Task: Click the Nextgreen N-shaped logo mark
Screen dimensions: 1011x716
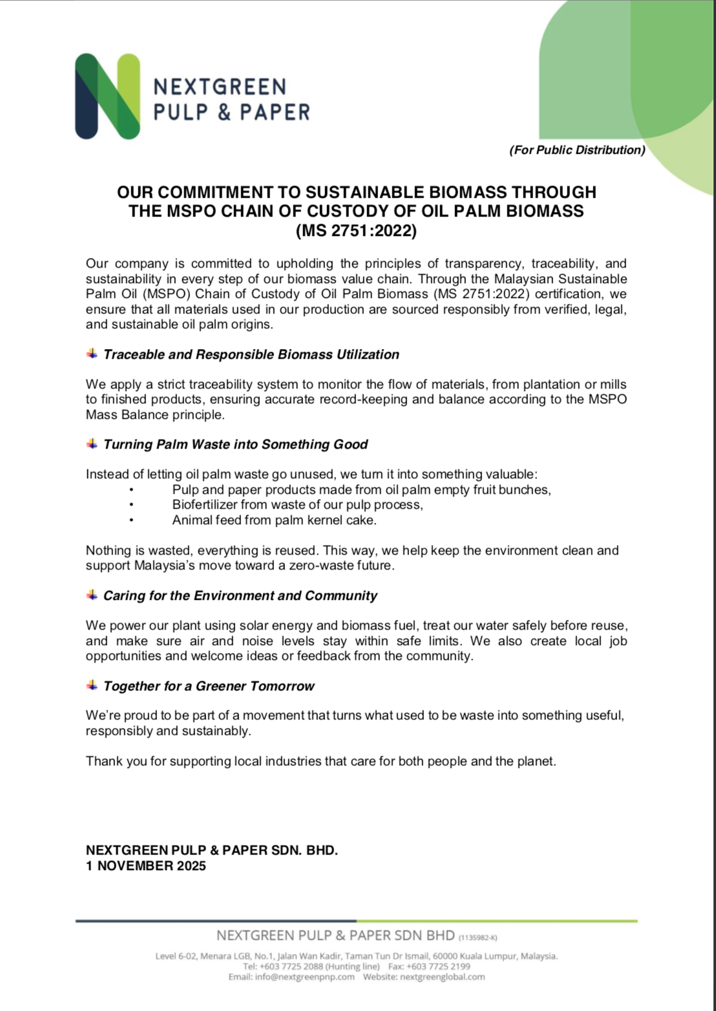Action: [x=107, y=96]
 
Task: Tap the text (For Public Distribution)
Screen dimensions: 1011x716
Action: [x=577, y=150]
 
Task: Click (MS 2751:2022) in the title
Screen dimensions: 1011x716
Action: [x=356, y=231]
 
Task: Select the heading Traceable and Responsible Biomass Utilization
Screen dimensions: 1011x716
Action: [x=251, y=354]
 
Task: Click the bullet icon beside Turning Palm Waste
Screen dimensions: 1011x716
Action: [x=92, y=443]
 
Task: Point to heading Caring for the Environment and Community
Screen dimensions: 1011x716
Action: [x=240, y=595]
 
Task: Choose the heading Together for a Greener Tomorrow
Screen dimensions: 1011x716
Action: [x=209, y=686]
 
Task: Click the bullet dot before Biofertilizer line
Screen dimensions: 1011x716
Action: [x=131, y=505]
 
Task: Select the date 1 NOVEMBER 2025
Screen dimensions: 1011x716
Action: [x=146, y=866]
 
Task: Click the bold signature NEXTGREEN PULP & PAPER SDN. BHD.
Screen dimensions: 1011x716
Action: [x=212, y=850]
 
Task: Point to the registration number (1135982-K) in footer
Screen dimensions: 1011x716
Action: [x=478, y=937]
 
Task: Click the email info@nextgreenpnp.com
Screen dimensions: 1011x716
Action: [x=304, y=977]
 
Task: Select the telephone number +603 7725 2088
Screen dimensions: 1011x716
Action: [x=291, y=966]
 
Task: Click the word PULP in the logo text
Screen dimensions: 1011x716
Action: [x=180, y=112]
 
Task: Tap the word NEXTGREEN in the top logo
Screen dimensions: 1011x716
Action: [x=220, y=87]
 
